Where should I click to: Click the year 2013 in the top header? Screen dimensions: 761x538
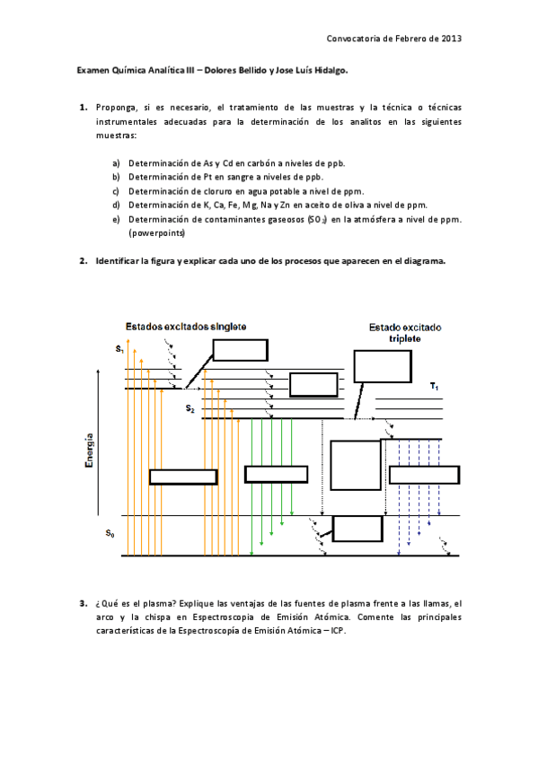tap(450, 39)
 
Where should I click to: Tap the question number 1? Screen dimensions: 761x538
tap(83, 107)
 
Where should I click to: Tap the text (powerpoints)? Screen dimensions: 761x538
tap(157, 232)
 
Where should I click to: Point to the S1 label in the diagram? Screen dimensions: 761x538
tap(119, 347)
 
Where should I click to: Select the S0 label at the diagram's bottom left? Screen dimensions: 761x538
tap(110, 535)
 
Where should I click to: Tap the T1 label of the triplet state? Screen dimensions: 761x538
tap(434, 387)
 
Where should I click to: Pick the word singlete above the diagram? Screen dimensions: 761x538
tap(228, 326)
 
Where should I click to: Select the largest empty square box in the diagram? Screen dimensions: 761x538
tap(355, 464)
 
